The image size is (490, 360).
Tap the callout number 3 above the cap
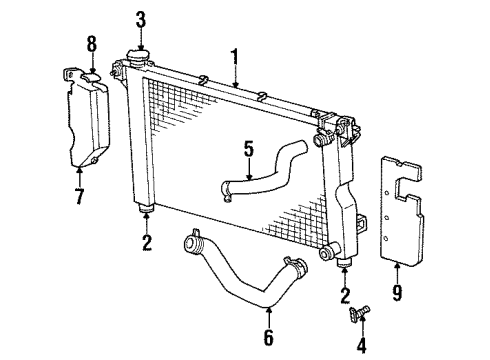point(140,18)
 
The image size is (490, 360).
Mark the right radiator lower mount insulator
point(345,263)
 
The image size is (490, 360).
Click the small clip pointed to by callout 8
point(90,72)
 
